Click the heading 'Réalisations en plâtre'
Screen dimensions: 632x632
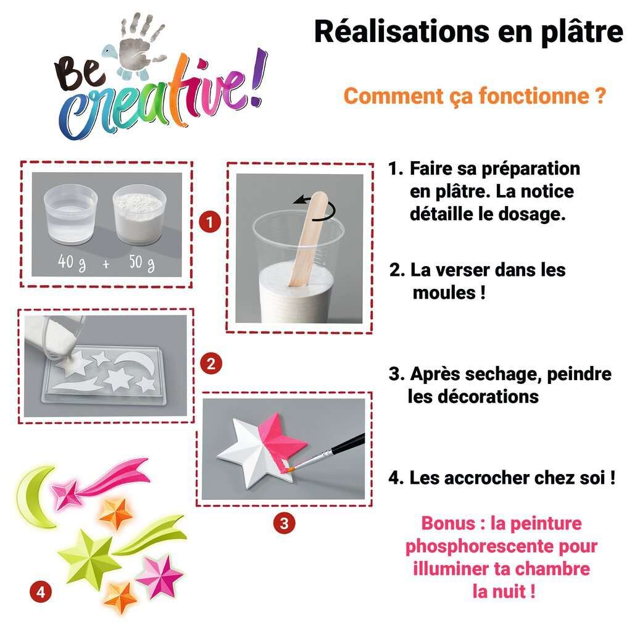[469, 33]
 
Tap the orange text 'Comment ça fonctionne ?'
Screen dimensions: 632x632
[475, 97]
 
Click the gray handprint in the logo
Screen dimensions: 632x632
[141, 43]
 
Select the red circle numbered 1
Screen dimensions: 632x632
[210, 222]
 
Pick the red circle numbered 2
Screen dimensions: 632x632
[211, 364]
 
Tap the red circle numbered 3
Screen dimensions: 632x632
[284, 523]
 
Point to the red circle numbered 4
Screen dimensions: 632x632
[41, 592]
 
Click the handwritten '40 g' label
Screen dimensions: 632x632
[72, 262]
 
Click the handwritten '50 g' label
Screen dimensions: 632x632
[142, 263]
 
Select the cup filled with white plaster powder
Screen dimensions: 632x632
[139, 214]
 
